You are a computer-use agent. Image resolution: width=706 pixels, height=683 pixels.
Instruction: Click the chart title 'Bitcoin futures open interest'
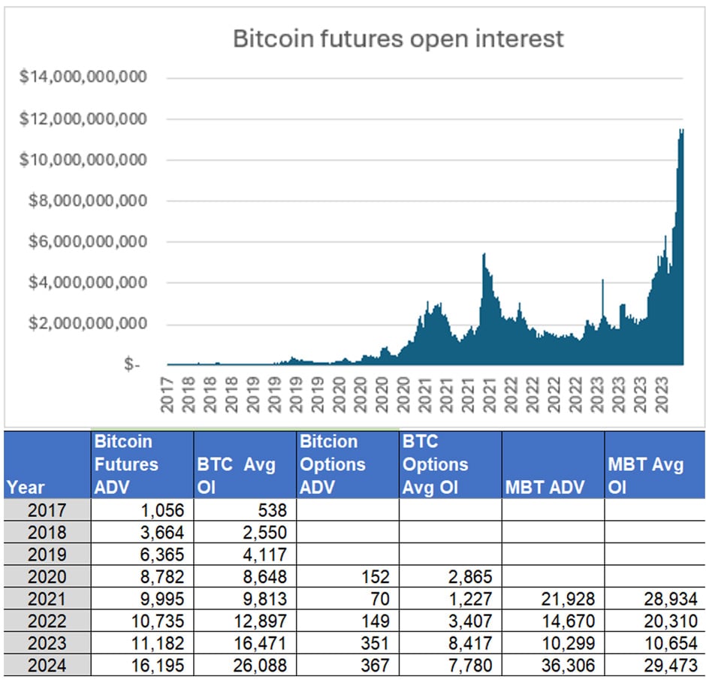[x=398, y=38]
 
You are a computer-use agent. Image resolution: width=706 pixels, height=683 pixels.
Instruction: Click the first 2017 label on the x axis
[x=167, y=392]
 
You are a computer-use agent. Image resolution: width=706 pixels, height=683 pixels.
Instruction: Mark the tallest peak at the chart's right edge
[x=681, y=131]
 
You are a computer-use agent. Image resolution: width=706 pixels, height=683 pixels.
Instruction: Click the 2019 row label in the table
[x=46, y=555]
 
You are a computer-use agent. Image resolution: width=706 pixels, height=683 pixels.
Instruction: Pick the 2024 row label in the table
[x=46, y=666]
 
